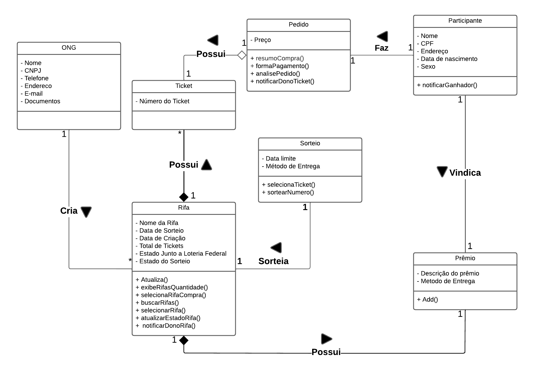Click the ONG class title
[x=69, y=48]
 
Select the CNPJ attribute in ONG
[x=33, y=71]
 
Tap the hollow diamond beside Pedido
[x=242, y=55]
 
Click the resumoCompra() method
[x=279, y=59]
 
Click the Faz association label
[x=381, y=48]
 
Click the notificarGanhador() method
[x=449, y=85]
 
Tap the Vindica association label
[x=465, y=173]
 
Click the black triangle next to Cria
[x=86, y=212]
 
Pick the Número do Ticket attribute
[x=164, y=101]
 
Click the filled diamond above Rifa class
[x=184, y=197]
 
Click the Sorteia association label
[x=273, y=261]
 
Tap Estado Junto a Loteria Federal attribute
[x=183, y=254]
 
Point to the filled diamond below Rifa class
[x=184, y=340]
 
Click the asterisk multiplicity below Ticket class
[x=180, y=133]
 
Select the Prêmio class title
[x=465, y=258]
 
